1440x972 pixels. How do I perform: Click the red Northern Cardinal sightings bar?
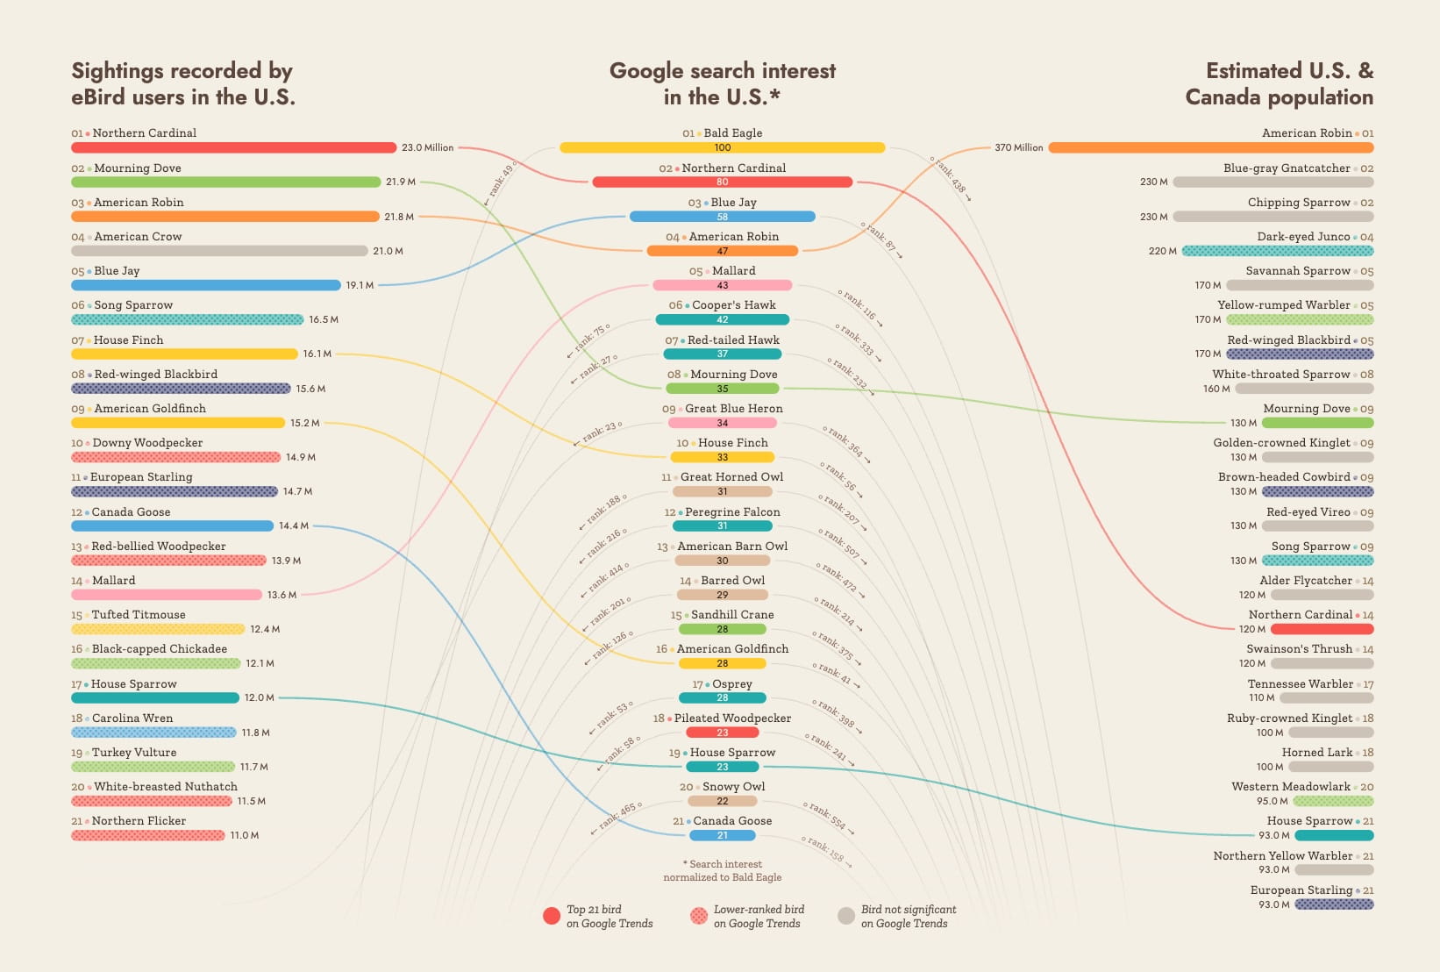click(233, 147)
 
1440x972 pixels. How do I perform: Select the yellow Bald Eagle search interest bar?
click(722, 147)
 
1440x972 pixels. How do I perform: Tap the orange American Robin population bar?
click(1210, 147)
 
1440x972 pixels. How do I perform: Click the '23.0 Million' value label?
click(427, 147)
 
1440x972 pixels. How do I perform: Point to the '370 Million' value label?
click(1018, 147)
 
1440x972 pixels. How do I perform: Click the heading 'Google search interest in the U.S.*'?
click(722, 83)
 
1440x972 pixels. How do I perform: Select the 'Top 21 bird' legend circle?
click(552, 916)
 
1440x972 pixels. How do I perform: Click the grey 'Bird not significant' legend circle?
click(846, 916)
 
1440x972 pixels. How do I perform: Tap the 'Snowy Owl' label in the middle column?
click(733, 787)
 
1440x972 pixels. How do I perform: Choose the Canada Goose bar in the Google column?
click(722, 835)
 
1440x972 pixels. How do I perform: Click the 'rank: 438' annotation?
click(951, 175)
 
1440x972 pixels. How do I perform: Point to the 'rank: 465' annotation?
click(619, 817)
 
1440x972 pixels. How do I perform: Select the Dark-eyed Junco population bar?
click(1277, 251)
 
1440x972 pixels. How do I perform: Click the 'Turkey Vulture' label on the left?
click(134, 753)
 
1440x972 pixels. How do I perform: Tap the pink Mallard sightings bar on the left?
click(167, 595)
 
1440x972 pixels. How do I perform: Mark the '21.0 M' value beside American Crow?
click(388, 251)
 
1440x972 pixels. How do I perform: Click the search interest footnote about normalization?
click(722, 870)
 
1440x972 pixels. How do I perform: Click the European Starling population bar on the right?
click(1334, 904)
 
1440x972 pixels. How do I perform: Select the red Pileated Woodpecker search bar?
click(722, 733)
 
